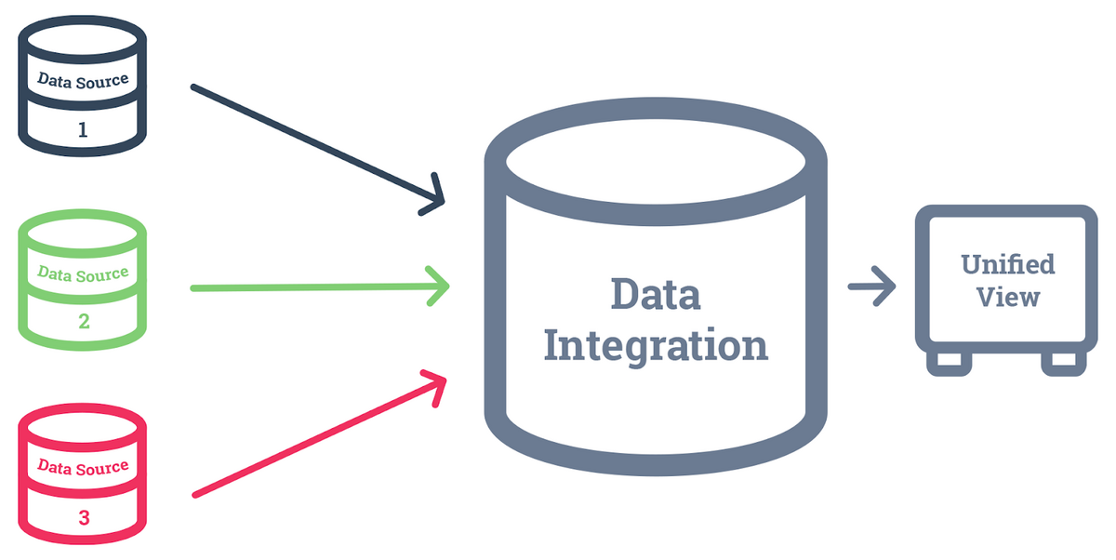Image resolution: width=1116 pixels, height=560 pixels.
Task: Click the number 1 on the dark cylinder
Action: click(x=83, y=129)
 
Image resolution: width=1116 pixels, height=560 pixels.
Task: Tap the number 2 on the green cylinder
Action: click(x=83, y=322)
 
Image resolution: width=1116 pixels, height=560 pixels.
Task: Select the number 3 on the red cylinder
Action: click(x=84, y=516)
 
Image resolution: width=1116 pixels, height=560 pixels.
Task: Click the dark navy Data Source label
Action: click(x=83, y=80)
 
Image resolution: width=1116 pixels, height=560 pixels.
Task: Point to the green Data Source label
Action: click(x=83, y=274)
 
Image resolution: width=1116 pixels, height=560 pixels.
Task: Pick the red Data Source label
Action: click(x=83, y=468)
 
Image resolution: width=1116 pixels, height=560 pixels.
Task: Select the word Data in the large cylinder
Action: click(x=655, y=294)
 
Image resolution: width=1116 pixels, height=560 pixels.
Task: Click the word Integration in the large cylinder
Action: click(x=655, y=346)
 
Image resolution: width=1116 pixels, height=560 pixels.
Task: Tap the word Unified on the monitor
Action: click(x=1008, y=263)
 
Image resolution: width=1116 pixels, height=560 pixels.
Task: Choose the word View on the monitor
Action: click(x=1008, y=298)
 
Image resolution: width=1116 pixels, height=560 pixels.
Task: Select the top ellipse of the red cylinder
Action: click(x=83, y=425)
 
